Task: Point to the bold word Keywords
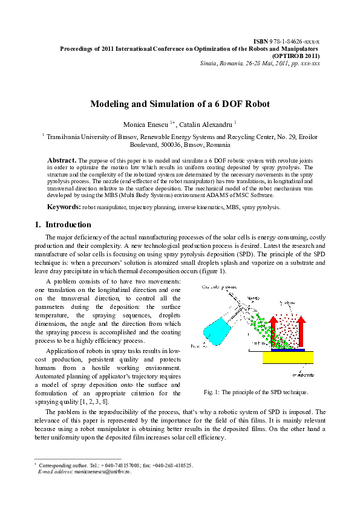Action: tap(64, 207)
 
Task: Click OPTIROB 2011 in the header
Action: tap(297, 54)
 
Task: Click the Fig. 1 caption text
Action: tap(256, 392)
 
